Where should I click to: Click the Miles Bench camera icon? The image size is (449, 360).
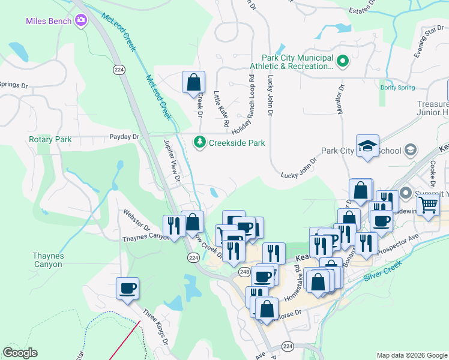coord(81,22)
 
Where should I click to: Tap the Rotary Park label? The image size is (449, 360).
coord(50,139)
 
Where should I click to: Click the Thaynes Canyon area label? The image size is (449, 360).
coord(47,260)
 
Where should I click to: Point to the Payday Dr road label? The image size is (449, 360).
coord(124,137)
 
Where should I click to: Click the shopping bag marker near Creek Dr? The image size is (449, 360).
coord(193,82)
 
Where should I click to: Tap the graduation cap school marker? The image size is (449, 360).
coord(367,146)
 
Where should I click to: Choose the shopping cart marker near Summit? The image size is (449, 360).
coord(427,205)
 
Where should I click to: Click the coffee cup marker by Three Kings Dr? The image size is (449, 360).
coord(127,288)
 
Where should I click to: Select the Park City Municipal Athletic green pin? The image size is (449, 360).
coord(342,61)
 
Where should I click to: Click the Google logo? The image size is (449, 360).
coord(20,353)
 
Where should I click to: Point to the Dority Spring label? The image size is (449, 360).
coord(397,88)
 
